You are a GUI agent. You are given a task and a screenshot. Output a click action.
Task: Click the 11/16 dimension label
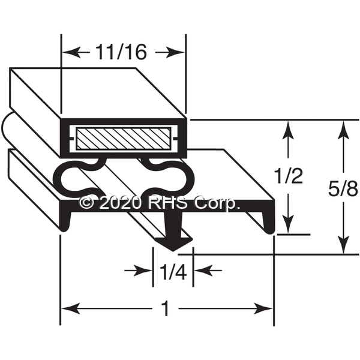pos(121,52)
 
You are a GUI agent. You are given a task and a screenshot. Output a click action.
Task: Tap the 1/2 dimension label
pos(289,175)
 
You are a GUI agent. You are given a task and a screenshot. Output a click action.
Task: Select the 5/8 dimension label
pos(343,190)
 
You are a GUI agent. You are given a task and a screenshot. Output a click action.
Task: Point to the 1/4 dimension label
pos(173,272)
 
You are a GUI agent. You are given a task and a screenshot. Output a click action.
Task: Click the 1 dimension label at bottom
pos(166,308)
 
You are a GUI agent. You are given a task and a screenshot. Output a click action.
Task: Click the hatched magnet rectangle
pos(123,139)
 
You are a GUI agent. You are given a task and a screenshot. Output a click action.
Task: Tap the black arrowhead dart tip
pos(174,251)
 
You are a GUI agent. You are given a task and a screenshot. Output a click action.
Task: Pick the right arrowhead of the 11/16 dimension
pos(175,52)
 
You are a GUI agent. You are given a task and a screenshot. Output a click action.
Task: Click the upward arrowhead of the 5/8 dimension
pos(343,130)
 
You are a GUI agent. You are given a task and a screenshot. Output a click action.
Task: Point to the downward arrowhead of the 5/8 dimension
pos(343,245)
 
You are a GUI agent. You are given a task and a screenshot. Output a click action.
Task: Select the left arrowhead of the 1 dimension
pos(71,308)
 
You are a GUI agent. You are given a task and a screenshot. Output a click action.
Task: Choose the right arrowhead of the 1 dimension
pos(263,308)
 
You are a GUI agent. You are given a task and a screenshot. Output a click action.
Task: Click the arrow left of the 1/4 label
pos(138,271)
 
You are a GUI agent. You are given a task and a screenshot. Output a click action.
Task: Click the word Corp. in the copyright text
pos(217,203)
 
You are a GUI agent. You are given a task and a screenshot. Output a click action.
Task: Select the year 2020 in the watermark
pos(120,203)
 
